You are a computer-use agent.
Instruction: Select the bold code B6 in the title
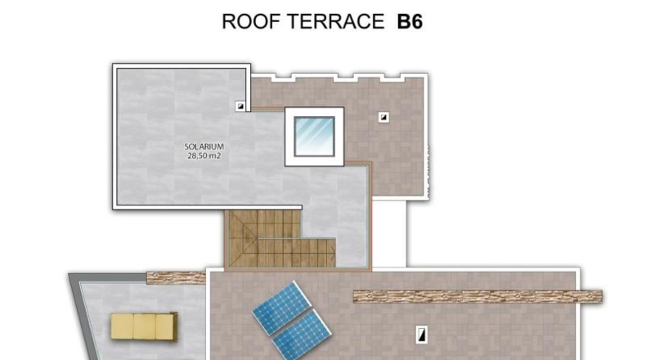pos(410,22)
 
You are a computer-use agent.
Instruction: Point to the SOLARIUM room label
pos(204,146)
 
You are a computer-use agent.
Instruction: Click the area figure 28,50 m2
pos(204,156)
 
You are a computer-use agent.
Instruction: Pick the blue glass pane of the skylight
pos(314,137)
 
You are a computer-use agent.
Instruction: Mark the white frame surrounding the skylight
pos(289,137)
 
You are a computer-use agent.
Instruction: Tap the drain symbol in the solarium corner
pos(240,106)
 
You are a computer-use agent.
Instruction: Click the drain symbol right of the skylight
pos(384,118)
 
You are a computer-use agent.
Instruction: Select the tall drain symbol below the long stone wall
pos(421,335)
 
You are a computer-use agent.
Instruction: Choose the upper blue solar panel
pos(282,308)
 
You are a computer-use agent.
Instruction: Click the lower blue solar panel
pos(302,335)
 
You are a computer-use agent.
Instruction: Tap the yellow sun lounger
pos(144,326)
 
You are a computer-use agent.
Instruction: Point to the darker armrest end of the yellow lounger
pos(173,326)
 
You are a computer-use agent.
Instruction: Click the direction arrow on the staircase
pos(331,252)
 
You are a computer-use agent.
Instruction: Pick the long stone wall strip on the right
pos(478,296)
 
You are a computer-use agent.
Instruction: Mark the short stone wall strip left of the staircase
pos(177,278)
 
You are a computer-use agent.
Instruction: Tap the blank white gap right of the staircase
pos(389,234)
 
